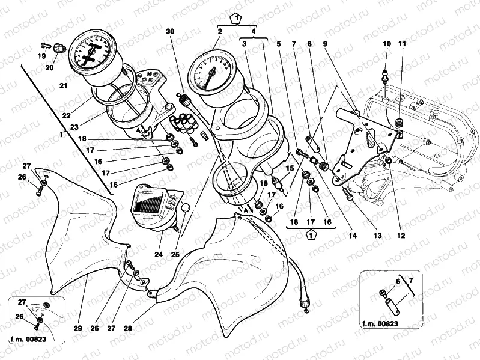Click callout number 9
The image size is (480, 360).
tap(279, 43)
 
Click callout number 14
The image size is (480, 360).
tap(353, 237)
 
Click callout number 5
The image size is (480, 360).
tap(279, 43)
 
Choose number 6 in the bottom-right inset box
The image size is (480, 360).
tap(398, 281)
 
